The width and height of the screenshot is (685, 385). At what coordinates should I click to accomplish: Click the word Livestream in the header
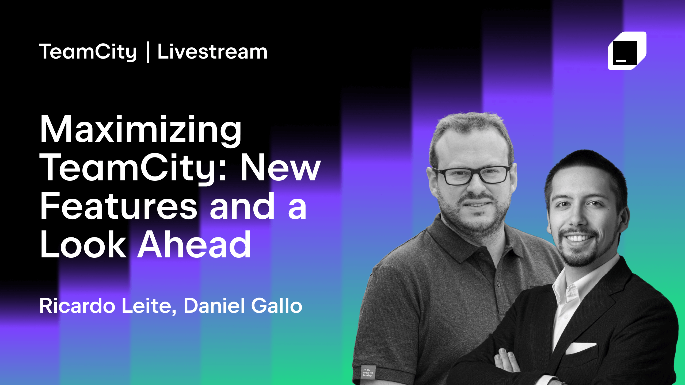coord(212,52)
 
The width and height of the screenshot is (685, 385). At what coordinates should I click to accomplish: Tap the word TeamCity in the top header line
coord(88,52)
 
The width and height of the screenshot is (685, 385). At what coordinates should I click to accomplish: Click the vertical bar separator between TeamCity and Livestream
coord(148,52)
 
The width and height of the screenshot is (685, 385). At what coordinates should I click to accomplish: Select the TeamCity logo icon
coord(627,51)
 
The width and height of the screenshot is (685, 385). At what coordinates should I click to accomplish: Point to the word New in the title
coord(280,168)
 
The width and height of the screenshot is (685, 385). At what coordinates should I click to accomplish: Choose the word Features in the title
coord(118,206)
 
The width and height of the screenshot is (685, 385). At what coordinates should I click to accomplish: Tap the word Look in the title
coord(83,244)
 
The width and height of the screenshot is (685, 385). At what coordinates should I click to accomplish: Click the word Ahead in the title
coord(194,244)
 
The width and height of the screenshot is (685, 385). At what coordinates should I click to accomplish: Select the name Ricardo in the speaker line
coord(77,306)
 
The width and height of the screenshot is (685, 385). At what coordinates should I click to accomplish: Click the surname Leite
coord(149,306)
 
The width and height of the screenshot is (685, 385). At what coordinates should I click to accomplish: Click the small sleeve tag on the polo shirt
coord(368,372)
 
